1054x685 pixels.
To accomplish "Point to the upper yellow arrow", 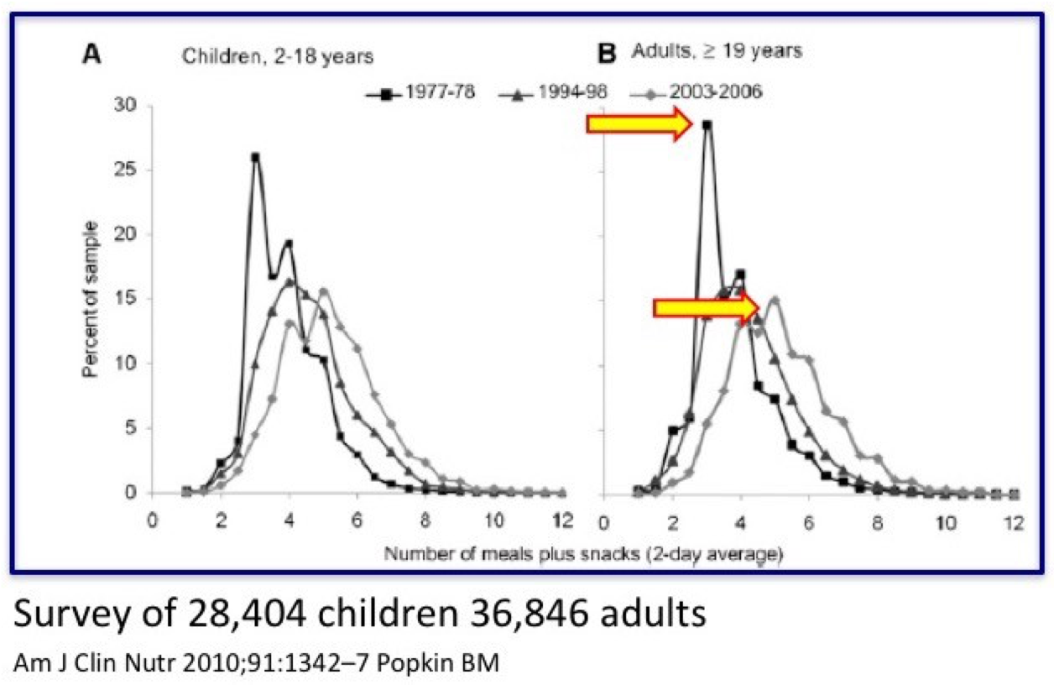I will [639, 125].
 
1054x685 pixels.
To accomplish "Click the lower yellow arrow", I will [706, 308].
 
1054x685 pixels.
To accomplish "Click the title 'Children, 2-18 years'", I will [278, 57].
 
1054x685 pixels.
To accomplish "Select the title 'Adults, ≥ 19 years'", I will [716, 51].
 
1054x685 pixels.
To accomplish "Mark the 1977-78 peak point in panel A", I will [255, 157].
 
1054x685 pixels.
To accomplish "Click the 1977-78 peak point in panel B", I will [707, 125].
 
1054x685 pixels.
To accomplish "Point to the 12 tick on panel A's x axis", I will [562, 520].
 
